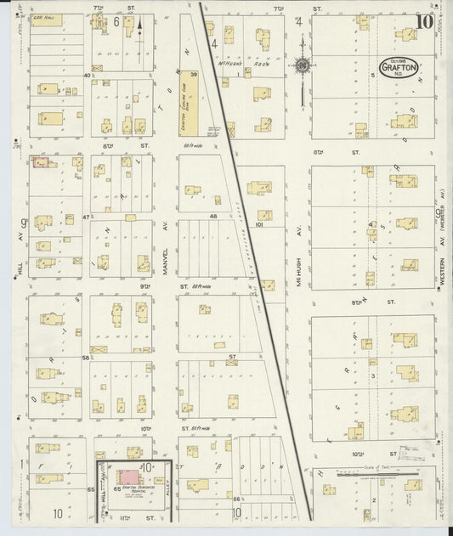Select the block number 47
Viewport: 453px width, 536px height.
(x=86, y=217)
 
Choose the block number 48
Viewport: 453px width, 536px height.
(x=214, y=217)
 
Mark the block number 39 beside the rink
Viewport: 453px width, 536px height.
(x=194, y=76)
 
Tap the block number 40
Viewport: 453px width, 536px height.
(x=86, y=76)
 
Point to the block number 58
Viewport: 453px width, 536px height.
(x=86, y=358)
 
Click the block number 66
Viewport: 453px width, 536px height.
(x=236, y=499)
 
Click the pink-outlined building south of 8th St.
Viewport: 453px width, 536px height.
(x=40, y=161)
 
